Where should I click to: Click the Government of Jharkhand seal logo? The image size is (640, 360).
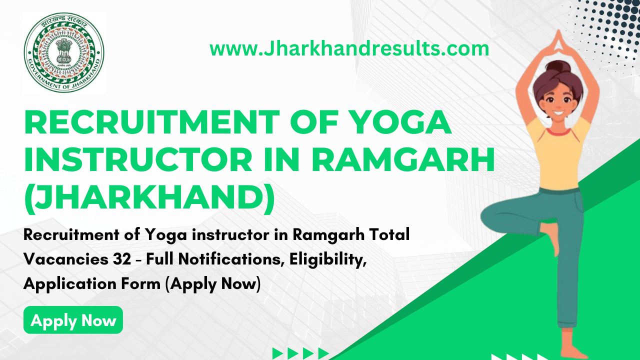click(64, 53)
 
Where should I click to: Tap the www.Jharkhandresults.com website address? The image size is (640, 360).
click(349, 49)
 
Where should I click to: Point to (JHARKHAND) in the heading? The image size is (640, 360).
click(149, 197)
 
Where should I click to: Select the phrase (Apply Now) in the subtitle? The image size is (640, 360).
click(213, 284)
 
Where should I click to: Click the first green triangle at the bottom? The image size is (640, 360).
click(278, 353)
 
